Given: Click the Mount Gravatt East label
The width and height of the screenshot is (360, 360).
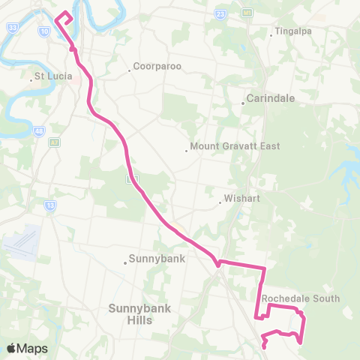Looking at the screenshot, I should pos(235,146).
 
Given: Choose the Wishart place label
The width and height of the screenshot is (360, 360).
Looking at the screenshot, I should pos(241,200).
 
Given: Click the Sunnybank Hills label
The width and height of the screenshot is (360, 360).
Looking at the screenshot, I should pos(130,313).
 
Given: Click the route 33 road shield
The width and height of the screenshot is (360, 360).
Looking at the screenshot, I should pos(13,26).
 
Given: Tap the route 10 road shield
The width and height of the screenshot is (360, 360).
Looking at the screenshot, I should pos(45,31).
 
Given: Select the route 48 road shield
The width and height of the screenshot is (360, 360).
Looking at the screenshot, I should pos(38,130).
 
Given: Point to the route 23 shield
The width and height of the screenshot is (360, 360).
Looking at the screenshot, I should pos(220,13).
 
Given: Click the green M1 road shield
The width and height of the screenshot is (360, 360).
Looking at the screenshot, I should pos(247,13).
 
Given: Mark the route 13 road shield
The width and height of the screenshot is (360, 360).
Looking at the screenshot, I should pos(50,204).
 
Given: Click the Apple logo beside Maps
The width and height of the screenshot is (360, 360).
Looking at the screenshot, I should pos(12,348).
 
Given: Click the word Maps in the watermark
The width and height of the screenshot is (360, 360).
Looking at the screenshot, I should pos(33,348).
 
